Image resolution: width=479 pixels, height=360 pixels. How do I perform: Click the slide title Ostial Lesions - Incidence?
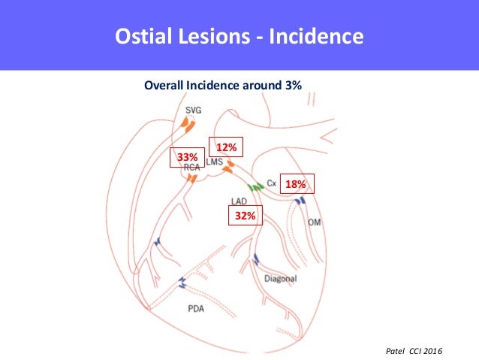pyautogui.click(x=239, y=36)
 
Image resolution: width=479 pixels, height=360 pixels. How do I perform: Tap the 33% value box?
pyautogui.click(x=187, y=157)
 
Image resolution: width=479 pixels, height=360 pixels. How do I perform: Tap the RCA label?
pyautogui.click(x=191, y=168)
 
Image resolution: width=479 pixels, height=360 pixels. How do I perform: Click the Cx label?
pyautogui.click(x=272, y=183)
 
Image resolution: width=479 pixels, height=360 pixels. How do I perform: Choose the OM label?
pyautogui.click(x=315, y=222)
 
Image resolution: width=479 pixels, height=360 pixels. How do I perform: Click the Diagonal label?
pyautogui.click(x=281, y=278)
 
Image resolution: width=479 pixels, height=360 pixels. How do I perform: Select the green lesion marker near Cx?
pyautogui.click(x=256, y=186)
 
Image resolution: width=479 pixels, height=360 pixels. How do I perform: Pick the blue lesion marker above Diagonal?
pyautogui.click(x=257, y=260)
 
